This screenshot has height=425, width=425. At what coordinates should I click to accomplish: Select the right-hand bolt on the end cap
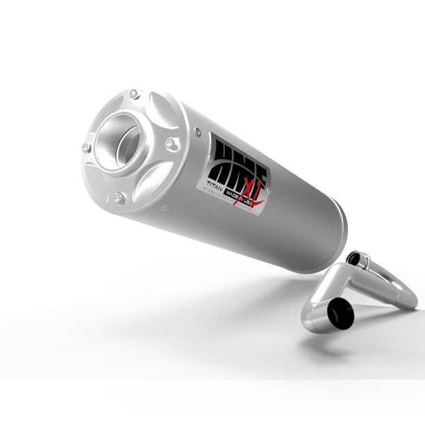click(171, 144)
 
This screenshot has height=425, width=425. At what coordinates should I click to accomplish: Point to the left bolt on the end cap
click(86, 147)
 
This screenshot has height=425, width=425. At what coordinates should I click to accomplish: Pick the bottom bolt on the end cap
click(119, 198)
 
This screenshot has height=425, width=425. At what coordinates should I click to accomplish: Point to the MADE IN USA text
click(240, 197)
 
